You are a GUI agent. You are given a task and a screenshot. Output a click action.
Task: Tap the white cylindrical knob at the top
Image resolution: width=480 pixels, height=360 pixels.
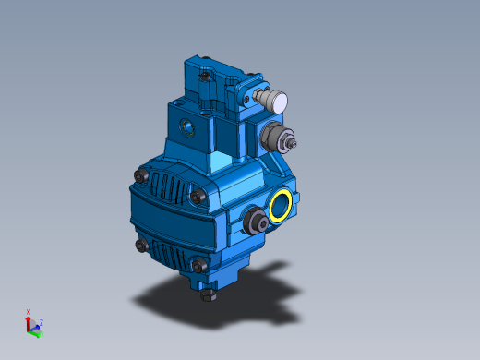click(x=275, y=101)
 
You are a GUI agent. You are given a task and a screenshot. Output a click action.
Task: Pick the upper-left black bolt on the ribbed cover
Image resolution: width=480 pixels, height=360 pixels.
click(x=140, y=174)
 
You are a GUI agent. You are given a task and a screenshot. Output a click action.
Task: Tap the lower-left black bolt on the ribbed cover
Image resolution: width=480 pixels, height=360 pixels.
click(x=139, y=245)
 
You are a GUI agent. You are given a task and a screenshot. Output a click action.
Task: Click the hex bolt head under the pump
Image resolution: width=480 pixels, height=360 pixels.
click(x=208, y=295)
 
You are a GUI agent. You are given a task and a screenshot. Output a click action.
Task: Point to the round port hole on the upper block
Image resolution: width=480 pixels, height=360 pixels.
click(x=187, y=125)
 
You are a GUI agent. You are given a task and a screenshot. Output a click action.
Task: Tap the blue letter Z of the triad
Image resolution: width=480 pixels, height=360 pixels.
click(x=42, y=322)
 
